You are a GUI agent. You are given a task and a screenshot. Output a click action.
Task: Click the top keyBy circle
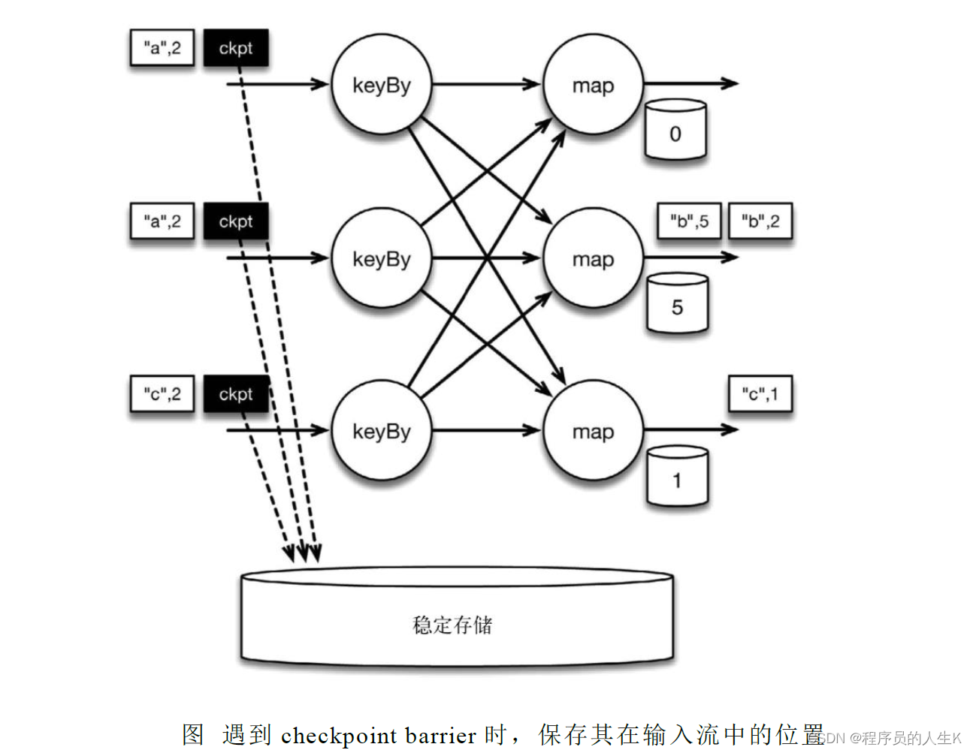coord(382,85)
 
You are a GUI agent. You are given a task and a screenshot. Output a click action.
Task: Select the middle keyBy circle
coord(382,258)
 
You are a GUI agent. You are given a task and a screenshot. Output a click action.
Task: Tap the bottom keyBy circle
coord(382,431)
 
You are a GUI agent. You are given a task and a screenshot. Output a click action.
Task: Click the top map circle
coord(593,85)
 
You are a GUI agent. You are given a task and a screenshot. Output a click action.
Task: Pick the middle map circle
coord(593,258)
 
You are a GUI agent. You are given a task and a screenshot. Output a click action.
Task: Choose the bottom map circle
coord(593,431)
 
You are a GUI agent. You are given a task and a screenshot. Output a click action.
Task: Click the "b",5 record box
coord(689,221)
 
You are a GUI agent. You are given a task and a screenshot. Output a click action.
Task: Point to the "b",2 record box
coord(760,221)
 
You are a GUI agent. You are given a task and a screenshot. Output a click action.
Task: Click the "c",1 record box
coord(760,394)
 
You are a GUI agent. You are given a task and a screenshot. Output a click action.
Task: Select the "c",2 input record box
coord(162,394)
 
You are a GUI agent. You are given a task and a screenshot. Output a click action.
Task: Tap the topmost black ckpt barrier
coord(236,49)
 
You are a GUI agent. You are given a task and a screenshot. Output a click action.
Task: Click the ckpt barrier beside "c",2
coord(236,394)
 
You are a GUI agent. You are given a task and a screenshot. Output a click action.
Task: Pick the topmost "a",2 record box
coord(162,49)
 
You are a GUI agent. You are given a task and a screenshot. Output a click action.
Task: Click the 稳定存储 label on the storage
coord(452,625)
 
